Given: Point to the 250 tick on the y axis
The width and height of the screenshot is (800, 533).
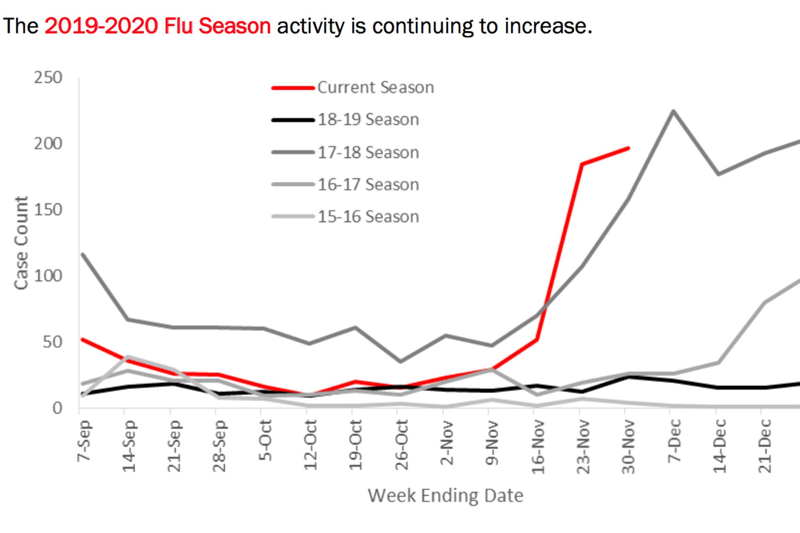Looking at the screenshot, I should click(x=48, y=78).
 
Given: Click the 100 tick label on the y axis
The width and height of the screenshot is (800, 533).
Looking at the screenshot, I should click(x=48, y=276).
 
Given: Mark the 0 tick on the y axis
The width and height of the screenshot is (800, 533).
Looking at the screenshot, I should click(x=57, y=408).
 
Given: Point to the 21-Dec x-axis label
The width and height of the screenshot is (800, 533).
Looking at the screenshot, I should click(x=765, y=446).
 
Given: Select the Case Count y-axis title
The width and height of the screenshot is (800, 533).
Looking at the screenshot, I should click(x=21, y=243).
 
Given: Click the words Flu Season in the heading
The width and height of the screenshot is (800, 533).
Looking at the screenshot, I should click(x=217, y=26).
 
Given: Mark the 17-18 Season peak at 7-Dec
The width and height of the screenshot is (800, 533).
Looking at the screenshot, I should click(x=673, y=111).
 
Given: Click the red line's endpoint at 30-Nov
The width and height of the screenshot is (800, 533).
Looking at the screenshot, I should click(x=628, y=148).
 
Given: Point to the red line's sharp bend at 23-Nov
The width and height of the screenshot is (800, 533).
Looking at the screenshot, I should click(x=582, y=164).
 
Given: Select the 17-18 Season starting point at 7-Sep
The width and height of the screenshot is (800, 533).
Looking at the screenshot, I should click(x=83, y=255).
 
